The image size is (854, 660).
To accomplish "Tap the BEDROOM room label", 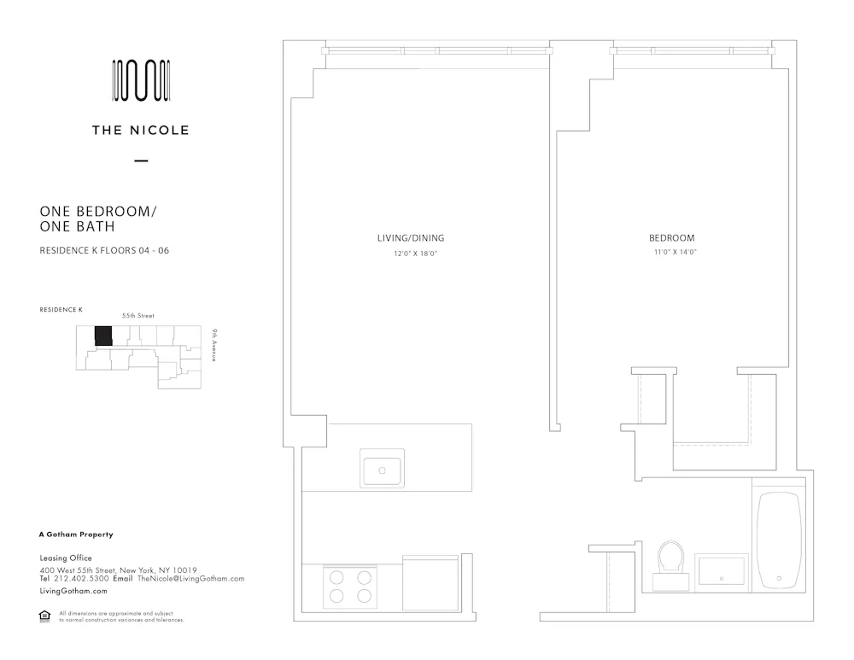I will (x=671, y=238).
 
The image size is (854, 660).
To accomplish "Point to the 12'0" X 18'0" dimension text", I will (x=415, y=254).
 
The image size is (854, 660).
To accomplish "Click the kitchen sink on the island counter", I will (x=382, y=470).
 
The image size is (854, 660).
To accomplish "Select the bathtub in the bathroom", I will (x=779, y=540).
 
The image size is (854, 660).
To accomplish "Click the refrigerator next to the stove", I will (x=430, y=582).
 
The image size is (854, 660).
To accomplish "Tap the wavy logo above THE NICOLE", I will (x=141, y=81).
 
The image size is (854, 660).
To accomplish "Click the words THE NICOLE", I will (x=141, y=131).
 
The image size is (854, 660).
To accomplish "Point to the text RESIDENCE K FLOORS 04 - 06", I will (x=104, y=250).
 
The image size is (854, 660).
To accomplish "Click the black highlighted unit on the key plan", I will (x=103, y=336).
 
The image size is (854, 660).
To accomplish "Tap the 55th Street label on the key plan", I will (x=138, y=315).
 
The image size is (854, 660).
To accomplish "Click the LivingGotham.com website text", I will (x=73, y=591).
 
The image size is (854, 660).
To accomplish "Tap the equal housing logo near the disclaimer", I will (x=45, y=616).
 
